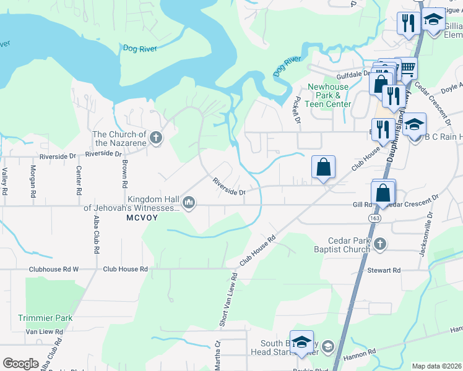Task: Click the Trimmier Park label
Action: (45, 318)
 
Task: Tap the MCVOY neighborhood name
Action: (143, 218)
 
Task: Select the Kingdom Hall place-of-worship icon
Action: (189, 202)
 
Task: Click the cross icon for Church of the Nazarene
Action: (156, 137)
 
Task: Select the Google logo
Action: (20, 364)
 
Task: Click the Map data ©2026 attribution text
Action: (437, 366)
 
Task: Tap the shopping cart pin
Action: (407, 67)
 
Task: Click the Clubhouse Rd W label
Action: (54, 270)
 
